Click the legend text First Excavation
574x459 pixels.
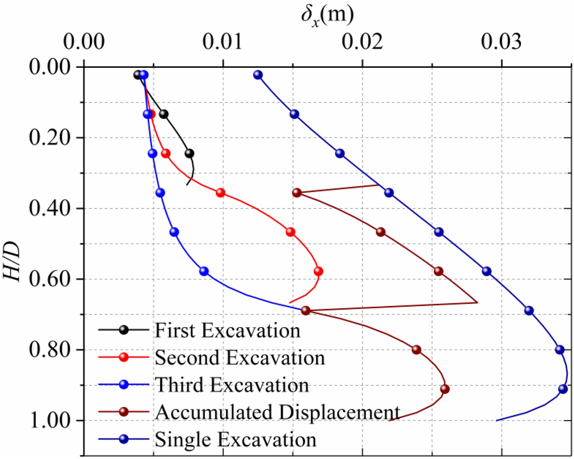[227, 331]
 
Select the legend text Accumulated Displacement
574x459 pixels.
[277, 412]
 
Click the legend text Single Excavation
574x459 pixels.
[236, 440]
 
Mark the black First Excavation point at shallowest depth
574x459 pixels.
[138, 75]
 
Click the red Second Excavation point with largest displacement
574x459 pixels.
[318, 271]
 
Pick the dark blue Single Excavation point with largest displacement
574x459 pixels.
[563, 389]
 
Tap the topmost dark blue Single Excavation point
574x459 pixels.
[258, 75]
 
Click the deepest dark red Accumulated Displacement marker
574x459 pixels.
[445, 389]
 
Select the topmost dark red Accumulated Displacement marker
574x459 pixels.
[297, 193]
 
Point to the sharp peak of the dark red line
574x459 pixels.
[477, 303]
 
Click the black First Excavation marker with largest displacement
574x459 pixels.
[189, 153]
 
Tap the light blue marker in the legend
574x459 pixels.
[124, 384]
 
